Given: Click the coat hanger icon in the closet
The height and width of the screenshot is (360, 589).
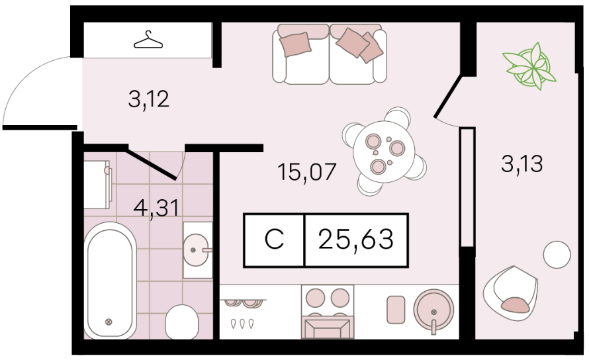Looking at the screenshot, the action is [148, 40].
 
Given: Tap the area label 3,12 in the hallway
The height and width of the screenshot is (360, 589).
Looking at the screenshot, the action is [149, 100].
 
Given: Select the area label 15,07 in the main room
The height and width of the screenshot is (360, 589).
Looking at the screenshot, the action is [306, 172].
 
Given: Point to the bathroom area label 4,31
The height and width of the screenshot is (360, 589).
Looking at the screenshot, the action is [156, 208].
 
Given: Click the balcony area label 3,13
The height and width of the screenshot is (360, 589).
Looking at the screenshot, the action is [521, 164].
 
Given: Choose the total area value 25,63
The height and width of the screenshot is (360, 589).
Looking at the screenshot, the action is [356, 240].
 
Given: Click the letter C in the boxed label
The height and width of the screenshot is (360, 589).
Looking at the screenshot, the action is [274, 240].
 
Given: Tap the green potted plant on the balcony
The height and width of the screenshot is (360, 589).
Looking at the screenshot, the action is [530, 66].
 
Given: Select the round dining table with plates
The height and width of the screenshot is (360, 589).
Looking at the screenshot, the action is [384, 152].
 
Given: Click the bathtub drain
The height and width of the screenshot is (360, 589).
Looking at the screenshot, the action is [109, 322].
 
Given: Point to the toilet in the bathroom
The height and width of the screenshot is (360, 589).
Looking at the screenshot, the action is [181, 322].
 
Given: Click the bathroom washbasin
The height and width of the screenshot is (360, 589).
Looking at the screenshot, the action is [197, 250].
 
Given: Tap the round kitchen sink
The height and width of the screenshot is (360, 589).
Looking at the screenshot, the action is [433, 311].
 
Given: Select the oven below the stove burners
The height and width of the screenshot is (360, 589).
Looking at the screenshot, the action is [328, 328].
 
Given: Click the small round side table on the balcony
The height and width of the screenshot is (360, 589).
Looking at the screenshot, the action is [557, 254].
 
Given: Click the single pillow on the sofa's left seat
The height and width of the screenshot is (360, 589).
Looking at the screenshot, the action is [296, 44].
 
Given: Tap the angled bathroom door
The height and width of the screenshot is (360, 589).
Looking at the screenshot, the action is [151, 164].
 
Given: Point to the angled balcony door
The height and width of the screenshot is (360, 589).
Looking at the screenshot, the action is [448, 97].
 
